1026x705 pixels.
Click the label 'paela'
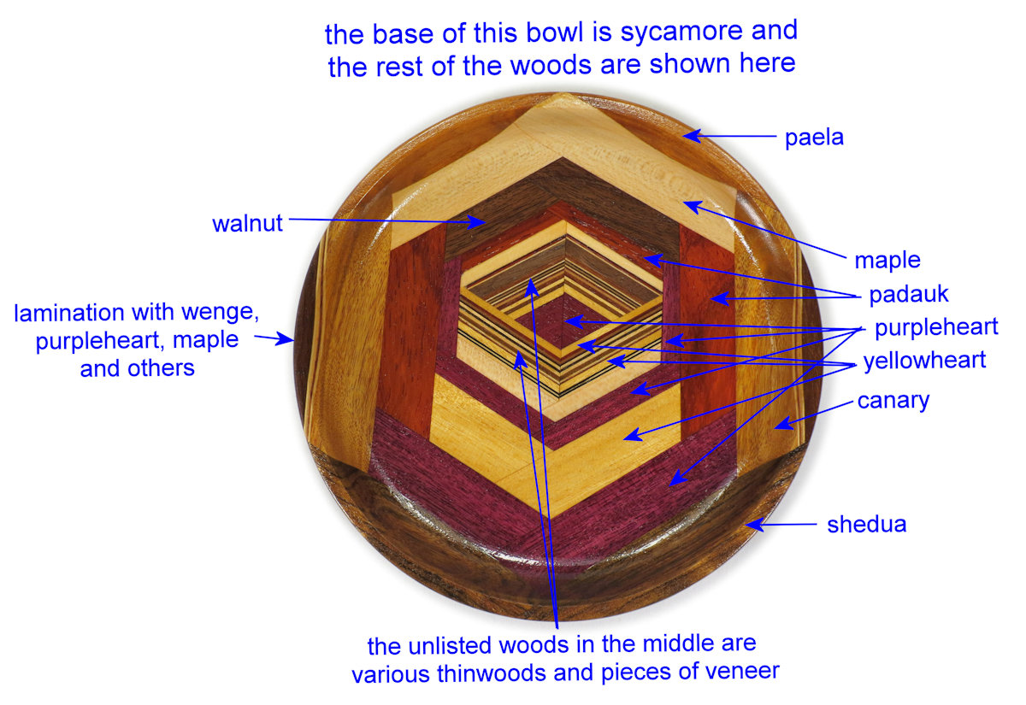pyautogui.click(x=814, y=137)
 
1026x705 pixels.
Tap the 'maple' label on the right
pyautogui.click(x=887, y=259)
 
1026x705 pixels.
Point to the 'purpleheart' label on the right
pyautogui.click(x=936, y=327)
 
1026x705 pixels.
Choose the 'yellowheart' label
pyautogui.click(x=924, y=361)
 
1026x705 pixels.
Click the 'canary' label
pyautogui.click(x=893, y=399)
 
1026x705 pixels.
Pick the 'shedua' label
pyautogui.click(x=866, y=524)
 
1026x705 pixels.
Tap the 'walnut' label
pyautogui.click(x=247, y=225)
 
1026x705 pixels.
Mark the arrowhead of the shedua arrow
pyautogui.click(x=749, y=526)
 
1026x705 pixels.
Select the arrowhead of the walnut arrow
pyautogui.click(x=482, y=225)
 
